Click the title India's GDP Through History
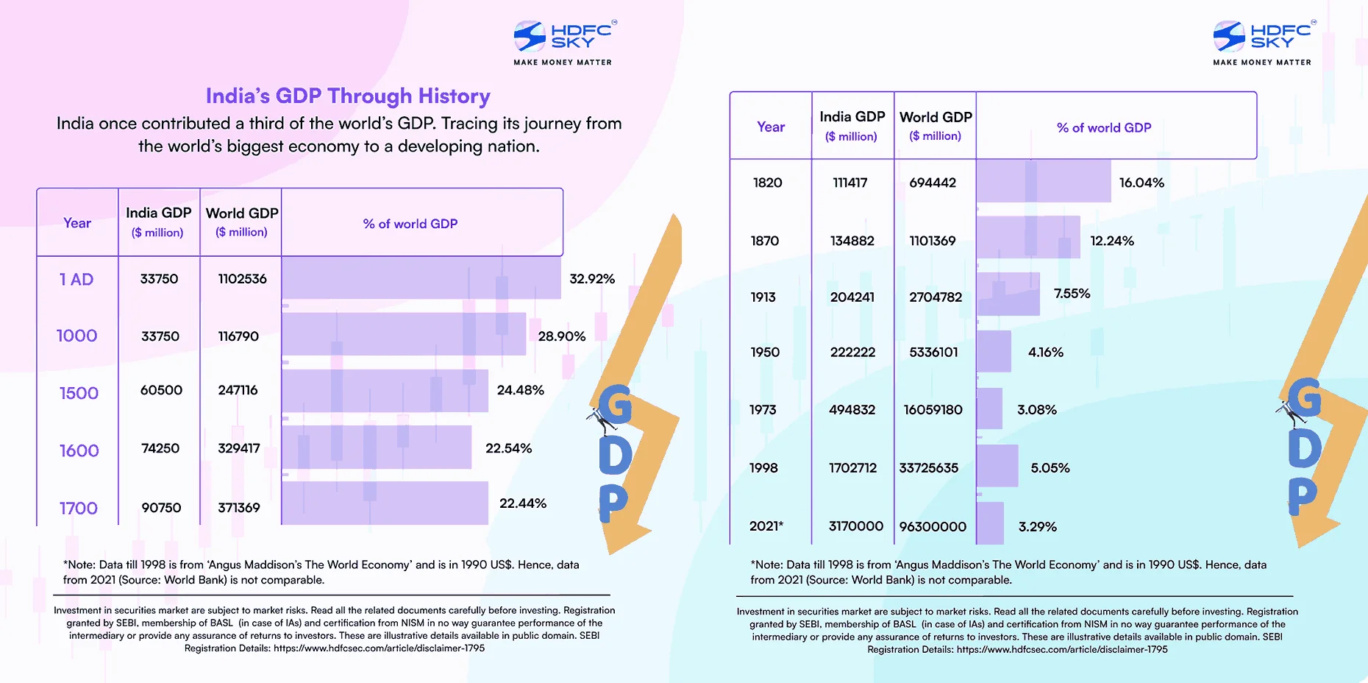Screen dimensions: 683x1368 (x=348, y=96)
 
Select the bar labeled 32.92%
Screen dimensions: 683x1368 (x=421, y=277)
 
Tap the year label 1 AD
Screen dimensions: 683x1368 (x=76, y=280)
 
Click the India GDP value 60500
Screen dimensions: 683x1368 (x=161, y=390)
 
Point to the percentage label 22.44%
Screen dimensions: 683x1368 (x=522, y=503)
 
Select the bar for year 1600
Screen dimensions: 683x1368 (x=376, y=447)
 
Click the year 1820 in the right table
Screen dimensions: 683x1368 (x=767, y=183)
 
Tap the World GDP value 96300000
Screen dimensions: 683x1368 (x=933, y=526)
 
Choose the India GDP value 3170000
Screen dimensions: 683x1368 (x=855, y=526)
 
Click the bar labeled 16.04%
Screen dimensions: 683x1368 (x=1043, y=182)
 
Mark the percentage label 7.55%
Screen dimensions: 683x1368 (x=1072, y=294)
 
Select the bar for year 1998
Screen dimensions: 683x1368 (x=997, y=466)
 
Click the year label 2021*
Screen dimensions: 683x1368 (x=766, y=526)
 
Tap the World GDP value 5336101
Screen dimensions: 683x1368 (x=933, y=353)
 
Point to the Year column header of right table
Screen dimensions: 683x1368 (x=771, y=127)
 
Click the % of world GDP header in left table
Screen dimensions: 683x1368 (x=410, y=224)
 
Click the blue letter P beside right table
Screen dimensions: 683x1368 (x=1302, y=496)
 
